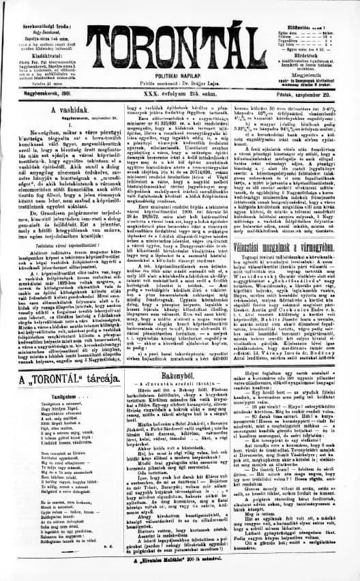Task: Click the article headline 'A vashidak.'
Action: tap(61, 110)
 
